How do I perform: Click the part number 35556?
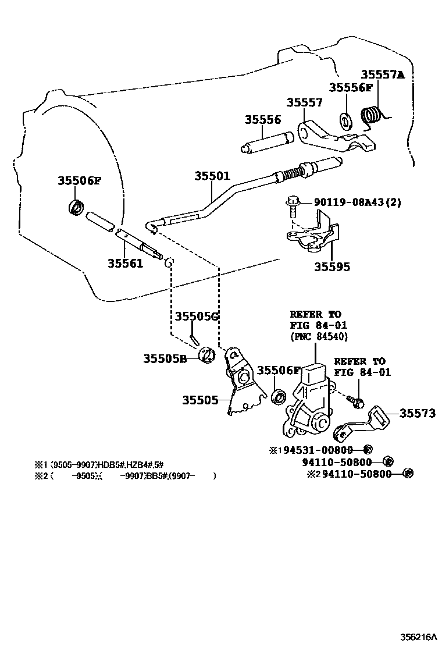pyautogui.click(x=262, y=120)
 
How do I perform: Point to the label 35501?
pyautogui.click(x=212, y=175)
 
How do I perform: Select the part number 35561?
pyautogui.click(x=124, y=263)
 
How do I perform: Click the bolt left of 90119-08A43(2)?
pyautogui.click(x=291, y=204)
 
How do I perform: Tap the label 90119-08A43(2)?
pyautogui.click(x=358, y=202)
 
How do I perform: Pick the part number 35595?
pyautogui.click(x=332, y=267)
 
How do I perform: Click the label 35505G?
pyautogui.click(x=197, y=316)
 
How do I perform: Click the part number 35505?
pyautogui.click(x=200, y=400)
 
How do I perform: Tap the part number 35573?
pyautogui.click(x=417, y=413)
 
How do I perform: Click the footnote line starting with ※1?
pyautogui.click(x=99, y=464)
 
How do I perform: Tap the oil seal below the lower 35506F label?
pyautogui.click(x=279, y=397)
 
